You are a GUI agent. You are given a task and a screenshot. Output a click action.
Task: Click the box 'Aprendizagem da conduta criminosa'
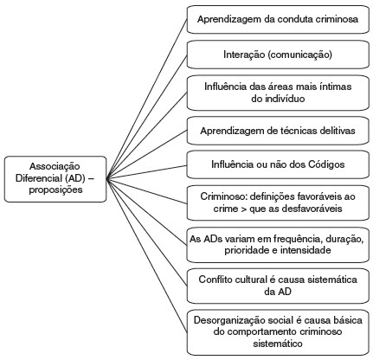point(278,19)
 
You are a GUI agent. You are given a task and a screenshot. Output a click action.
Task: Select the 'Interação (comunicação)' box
point(278,55)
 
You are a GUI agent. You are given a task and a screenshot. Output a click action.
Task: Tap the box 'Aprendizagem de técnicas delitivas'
point(278,131)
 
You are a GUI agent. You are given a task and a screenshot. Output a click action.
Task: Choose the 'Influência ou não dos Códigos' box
point(278,164)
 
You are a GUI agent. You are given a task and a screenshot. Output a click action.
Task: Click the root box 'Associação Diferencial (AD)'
point(55,179)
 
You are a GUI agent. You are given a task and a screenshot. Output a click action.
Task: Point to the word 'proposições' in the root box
point(55,190)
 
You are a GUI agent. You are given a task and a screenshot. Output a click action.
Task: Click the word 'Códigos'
point(326,164)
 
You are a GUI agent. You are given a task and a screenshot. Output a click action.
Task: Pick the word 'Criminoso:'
point(223,196)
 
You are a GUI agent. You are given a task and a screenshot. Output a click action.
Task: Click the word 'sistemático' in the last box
point(278,344)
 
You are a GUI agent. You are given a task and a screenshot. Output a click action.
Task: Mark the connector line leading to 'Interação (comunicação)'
point(147,117)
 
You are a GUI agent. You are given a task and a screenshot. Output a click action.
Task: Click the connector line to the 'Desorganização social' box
point(147,256)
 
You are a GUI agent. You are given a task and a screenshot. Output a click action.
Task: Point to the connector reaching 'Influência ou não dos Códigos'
point(147,172)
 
